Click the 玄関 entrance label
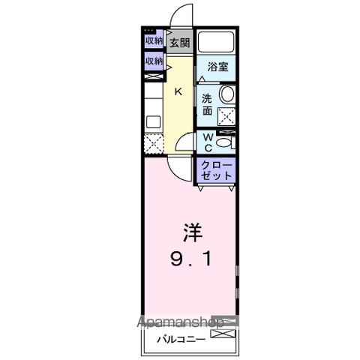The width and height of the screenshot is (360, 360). (x=178, y=43)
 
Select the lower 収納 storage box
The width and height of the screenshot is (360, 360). (x=153, y=61)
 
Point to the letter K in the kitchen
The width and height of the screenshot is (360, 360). (x=178, y=92)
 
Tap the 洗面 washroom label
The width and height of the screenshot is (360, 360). (x=206, y=103)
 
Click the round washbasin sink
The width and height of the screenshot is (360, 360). (x=227, y=94)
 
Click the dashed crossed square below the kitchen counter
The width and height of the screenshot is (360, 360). (x=153, y=142)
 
